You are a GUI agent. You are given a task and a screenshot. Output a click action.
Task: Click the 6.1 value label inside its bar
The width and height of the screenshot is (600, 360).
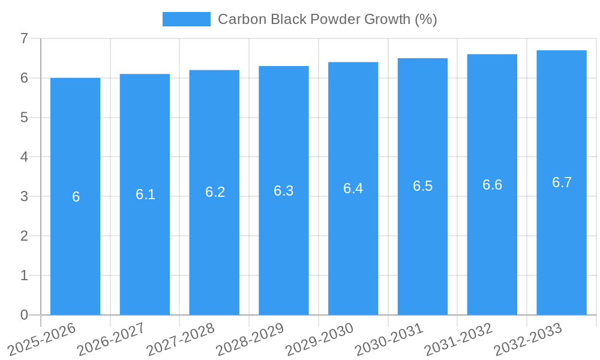pos(145,194)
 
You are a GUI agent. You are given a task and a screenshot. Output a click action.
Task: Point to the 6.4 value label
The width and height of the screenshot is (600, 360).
pos(353,188)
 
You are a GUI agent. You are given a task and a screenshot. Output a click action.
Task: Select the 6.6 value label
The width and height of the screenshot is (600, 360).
pos(492,185)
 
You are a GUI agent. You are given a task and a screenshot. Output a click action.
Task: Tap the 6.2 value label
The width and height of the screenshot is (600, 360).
pos(215,192)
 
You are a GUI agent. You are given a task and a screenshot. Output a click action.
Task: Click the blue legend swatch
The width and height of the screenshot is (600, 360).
pos(187,19)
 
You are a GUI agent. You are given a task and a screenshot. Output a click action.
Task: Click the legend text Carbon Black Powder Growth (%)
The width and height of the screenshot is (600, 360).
pos(327,19)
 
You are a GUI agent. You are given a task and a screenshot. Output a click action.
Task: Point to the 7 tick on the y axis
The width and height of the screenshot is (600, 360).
pos(24,38)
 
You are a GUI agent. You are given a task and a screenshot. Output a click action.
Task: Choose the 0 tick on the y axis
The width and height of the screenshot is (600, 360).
pos(24,315)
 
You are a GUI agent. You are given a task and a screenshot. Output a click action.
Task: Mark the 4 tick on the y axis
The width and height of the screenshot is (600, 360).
pos(24,157)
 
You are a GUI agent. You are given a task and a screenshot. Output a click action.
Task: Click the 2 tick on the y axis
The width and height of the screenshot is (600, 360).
pos(24,236)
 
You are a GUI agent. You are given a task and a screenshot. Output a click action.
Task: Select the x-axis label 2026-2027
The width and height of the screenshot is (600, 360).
pos(111,339)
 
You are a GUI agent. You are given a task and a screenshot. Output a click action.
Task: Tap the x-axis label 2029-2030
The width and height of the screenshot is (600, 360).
pos(319,339)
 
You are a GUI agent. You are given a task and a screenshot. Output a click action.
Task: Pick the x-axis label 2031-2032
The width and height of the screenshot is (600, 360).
pos(458,339)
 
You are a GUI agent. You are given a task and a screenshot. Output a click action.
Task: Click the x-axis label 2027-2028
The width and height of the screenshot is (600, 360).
pos(181,339)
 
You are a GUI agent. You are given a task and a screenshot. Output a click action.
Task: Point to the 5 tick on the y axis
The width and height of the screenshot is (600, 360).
pos(24,118)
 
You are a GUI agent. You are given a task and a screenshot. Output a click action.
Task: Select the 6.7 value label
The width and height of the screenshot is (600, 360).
pos(562,182)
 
